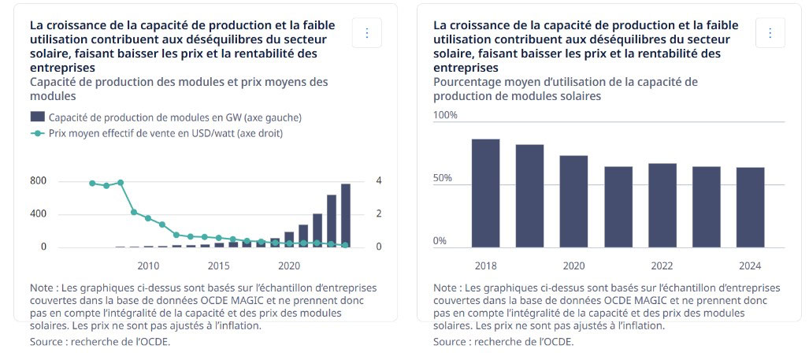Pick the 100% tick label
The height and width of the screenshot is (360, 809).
tap(446, 115)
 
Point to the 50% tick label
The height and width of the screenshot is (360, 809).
tap(443, 178)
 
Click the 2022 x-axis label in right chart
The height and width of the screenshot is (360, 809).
tap(662, 265)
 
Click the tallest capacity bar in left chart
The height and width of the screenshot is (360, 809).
tap(346, 215)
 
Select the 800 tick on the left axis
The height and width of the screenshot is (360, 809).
tap(39, 181)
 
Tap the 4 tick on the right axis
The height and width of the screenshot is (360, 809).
tap(379, 181)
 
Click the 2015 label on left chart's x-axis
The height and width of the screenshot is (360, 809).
tap(219, 265)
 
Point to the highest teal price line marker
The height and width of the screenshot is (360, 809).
tap(121, 182)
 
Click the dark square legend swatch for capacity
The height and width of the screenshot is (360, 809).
tap(37, 117)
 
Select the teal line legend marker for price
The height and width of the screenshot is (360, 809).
tap(37, 133)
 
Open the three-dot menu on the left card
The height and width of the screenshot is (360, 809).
tap(367, 33)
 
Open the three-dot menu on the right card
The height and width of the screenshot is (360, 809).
tap(770, 33)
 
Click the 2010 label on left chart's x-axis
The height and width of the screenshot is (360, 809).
tap(148, 265)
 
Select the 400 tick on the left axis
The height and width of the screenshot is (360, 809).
tap(39, 214)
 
